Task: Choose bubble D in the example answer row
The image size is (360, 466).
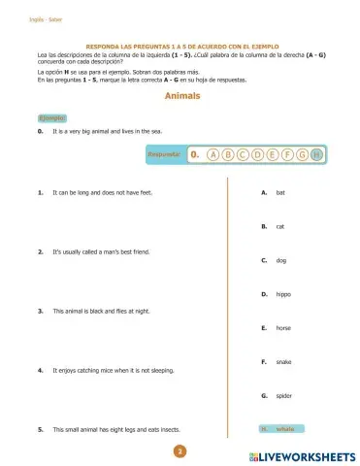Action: (257, 153)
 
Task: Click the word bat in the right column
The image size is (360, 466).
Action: (280, 192)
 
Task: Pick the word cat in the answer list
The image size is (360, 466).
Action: (279, 226)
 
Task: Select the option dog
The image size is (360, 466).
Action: (280, 260)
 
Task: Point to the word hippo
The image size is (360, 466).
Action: (282, 294)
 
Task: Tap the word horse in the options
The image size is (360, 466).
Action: (283, 328)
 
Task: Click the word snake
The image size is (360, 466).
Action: (283, 362)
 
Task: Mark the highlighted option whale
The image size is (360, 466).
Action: (285, 428)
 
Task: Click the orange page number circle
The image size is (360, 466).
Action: (180, 451)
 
